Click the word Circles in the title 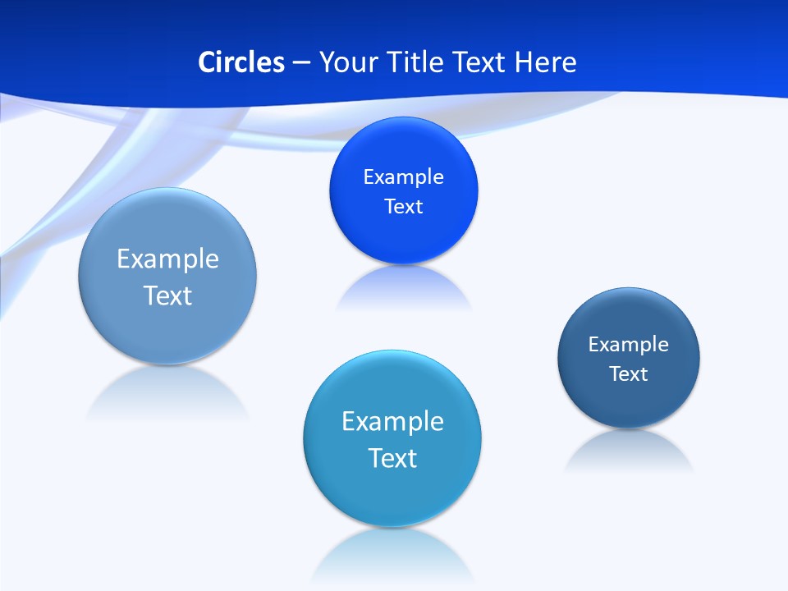coord(241,62)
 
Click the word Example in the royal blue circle coord(403,177)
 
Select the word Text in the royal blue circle coord(403,207)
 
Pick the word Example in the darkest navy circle coord(628,345)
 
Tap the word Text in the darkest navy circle coord(628,374)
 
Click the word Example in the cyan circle coord(392,422)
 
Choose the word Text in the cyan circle coord(392,458)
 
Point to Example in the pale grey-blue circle coord(167,259)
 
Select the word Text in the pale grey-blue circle coord(167,295)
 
